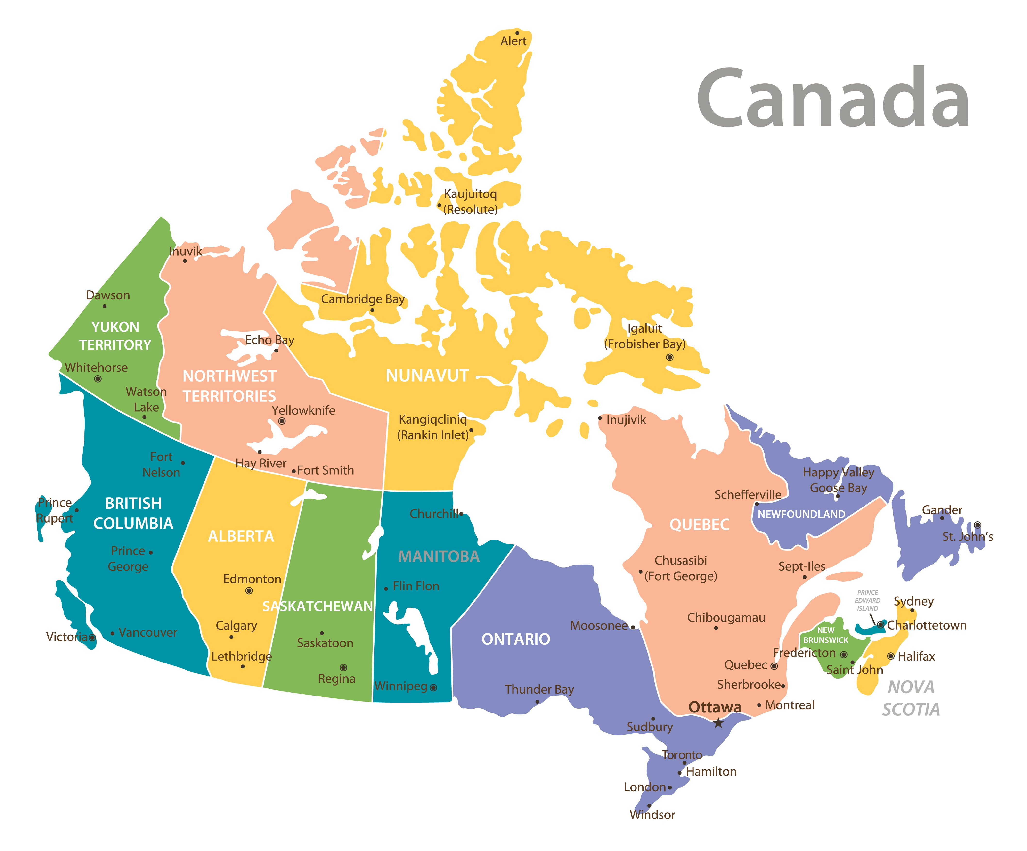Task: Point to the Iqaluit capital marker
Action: point(669,358)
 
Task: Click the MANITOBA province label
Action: point(439,556)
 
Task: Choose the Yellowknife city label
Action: point(303,410)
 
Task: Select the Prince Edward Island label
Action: point(868,601)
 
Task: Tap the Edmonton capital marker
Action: point(249,591)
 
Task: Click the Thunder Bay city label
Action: point(539,689)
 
